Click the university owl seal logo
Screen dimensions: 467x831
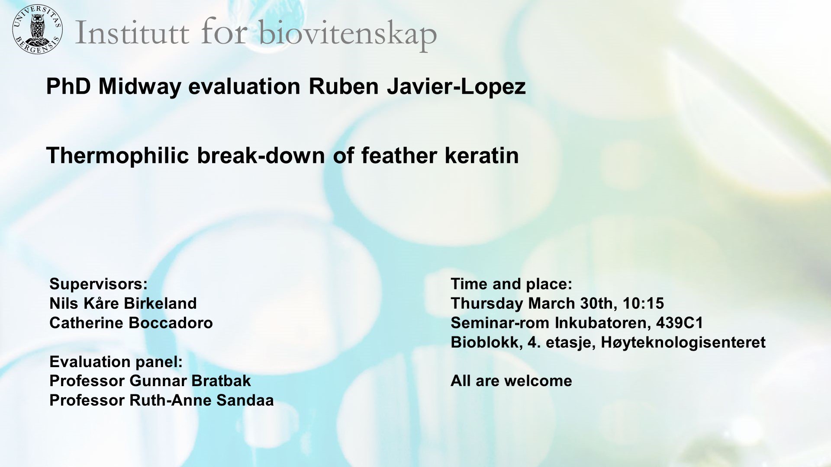point(37,30)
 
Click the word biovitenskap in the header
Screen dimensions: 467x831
point(348,34)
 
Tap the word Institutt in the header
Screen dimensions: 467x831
point(132,33)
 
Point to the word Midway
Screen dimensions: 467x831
point(139,86)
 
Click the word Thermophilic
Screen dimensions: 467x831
point(117,156)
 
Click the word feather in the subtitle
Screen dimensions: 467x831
point(399,156)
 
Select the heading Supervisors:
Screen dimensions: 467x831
point(98,284)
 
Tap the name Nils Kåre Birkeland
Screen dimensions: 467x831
point(123,304)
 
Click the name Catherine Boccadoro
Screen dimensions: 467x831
point(131,323)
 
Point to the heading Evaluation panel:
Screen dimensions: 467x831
point(116,362)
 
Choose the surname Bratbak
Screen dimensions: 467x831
point(221,381)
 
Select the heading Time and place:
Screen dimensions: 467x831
point(511,284)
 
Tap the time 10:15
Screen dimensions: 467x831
point(643,304)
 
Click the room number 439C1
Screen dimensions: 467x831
point(680,323)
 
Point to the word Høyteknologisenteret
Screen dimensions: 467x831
point(683,342)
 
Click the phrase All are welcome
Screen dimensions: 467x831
point(511,381)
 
